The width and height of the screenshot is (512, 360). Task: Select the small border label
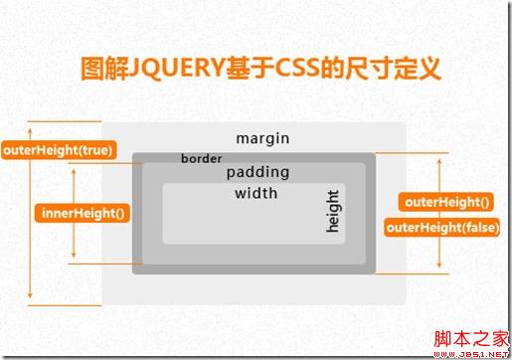(x=202, y=158)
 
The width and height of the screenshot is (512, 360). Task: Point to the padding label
(x=256, y=172)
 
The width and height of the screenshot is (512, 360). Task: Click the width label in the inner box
(x=256, y=193)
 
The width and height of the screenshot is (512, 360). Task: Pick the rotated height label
(x=334, y=211)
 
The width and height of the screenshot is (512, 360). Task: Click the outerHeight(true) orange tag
(x=58, y=151)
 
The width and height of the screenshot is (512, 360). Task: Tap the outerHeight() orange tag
(x=446, y=202)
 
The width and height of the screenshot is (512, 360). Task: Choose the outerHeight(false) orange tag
(x=442, y=227)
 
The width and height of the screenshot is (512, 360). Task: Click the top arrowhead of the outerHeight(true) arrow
(x=30, y=125)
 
